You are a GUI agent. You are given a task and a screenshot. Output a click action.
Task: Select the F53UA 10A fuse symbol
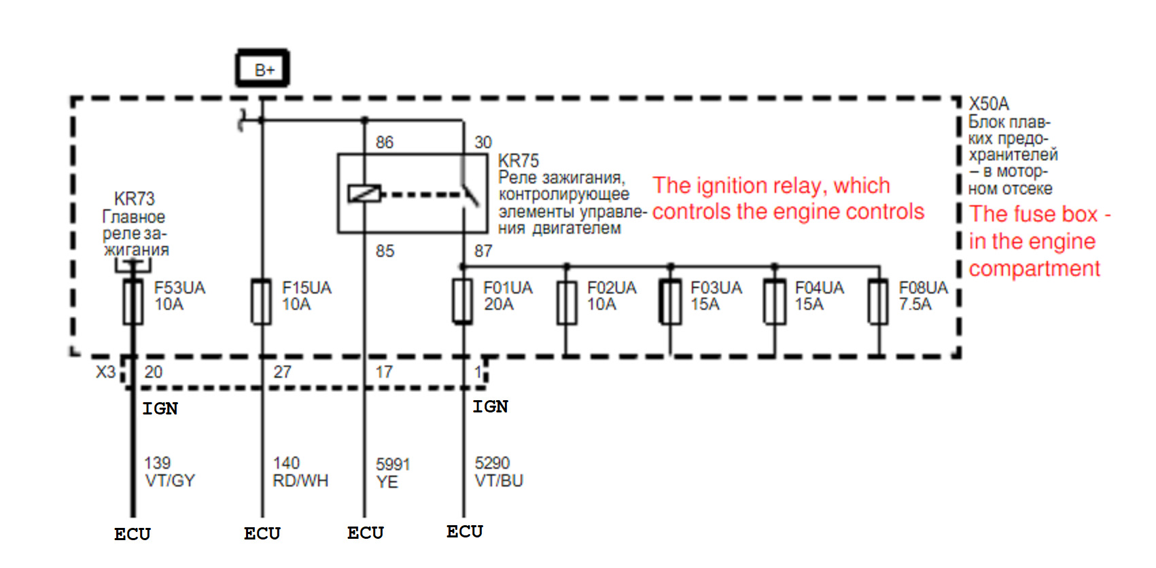point(133,302)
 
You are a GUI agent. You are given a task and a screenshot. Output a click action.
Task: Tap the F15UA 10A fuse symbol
point(261,302)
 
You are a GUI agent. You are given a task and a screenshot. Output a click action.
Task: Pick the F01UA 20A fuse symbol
point(462,302)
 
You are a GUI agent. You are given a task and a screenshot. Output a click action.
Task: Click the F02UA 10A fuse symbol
point(567,302)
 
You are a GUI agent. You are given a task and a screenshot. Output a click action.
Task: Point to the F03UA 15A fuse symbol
point(670,302)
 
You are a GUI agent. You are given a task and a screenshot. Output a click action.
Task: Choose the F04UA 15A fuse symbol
point(775,302)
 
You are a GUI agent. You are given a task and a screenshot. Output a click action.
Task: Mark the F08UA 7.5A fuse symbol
point(878,302)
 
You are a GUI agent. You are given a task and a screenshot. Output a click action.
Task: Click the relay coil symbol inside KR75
point(364,194)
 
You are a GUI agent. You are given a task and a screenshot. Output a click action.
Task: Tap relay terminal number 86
point(385,143)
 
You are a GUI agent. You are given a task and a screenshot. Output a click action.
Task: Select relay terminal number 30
point(483,143)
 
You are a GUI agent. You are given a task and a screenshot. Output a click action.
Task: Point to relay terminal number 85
point(385,251)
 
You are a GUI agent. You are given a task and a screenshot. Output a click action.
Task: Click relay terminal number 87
point(484,251)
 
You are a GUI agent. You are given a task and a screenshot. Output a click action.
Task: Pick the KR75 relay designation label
point(518,161)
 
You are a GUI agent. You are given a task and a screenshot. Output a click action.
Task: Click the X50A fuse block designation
point(988,104)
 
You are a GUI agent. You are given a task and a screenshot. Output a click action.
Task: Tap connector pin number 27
point(282,372)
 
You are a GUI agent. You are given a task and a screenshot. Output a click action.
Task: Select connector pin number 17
point(384,372)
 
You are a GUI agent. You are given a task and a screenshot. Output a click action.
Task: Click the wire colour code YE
point(387,482)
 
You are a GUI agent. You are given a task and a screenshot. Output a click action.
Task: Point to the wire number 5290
point(492,463)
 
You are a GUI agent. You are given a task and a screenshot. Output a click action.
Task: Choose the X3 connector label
point(106,372)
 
